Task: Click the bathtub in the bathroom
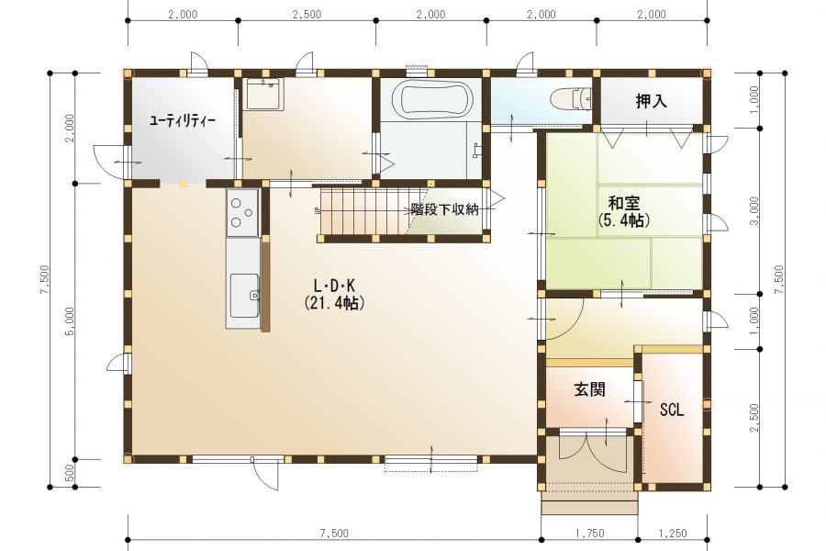point(433,100)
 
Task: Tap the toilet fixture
point(571,99)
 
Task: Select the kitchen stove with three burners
point(242,212)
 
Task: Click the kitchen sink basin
point(244,297)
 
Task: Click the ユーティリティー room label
point(183,120)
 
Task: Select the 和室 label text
point(624,202)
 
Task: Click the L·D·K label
point(334,287)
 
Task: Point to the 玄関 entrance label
point(589,389)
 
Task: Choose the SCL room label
point(672,410)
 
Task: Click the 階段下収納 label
point(444,209)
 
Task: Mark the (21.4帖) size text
point(334,303)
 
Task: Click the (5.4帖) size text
point(624,219)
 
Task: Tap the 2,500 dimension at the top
point(307,15)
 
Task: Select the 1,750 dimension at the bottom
point(589,534)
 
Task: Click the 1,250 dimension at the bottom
point(673,534)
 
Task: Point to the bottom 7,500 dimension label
point(334,534)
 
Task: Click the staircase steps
point(363,212)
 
